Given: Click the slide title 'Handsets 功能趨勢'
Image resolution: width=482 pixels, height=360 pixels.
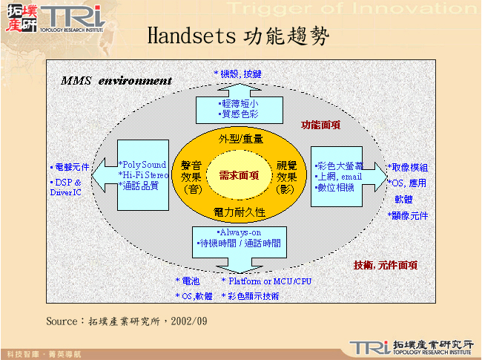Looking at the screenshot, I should coord(238,35).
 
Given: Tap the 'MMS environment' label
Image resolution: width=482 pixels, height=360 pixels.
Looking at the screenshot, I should coord(116,80).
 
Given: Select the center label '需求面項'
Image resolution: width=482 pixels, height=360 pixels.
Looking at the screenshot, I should coord(239,175).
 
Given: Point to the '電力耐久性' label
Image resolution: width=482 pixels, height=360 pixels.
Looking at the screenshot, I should coord(240,212).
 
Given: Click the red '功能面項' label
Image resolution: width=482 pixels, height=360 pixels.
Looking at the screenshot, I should coord(320,125).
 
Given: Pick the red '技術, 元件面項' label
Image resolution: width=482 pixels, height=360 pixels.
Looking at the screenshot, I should coord(385,265).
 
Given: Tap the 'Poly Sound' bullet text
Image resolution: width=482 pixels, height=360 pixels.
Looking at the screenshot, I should coord(144,164).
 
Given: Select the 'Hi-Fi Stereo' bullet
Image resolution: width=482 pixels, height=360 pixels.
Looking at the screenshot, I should coord(144,175).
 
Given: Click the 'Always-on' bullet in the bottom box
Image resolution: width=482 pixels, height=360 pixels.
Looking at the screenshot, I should coord(239,232).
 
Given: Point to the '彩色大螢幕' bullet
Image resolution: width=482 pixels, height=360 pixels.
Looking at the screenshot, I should coord(340,166).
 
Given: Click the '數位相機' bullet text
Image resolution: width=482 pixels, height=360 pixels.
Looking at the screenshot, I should coord(336,187).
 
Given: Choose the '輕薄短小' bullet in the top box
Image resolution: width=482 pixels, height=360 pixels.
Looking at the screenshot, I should coord(240,104).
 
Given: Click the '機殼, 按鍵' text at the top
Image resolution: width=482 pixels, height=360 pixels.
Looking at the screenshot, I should coord(239,74).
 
